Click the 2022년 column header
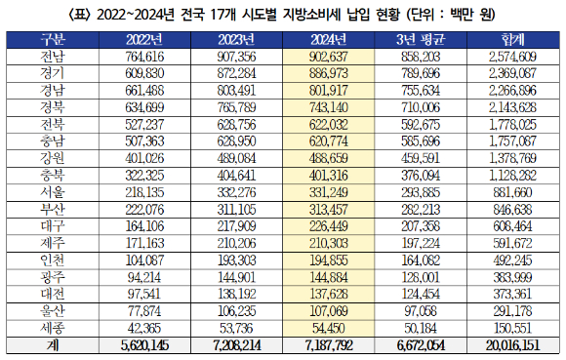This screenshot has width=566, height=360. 144,39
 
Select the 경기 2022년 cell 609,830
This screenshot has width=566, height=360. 144,74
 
